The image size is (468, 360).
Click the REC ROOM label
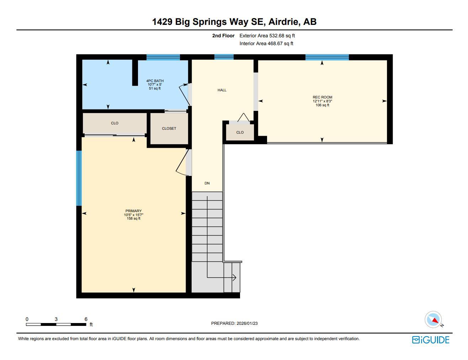[x=322, y=97]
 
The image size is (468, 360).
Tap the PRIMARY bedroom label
[x=133, y=211]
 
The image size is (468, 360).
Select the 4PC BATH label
[x=155, y=81]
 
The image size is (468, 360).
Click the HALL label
[x=222, y=90]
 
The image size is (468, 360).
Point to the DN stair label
[x=207, y=183]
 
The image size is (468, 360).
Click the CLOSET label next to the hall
[x=169, y=129]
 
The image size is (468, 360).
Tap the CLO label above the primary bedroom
[x=115, y=123]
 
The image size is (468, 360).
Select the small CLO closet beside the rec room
[x=240, y=133]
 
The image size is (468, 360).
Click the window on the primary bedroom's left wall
[x=79, y=178]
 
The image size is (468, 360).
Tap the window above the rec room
[x=327, y=57]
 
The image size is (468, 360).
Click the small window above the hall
[x=224, y=57]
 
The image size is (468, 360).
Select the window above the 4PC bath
[x=163, y=57]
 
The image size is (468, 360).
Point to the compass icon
[x=434, y=319]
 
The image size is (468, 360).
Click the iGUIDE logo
[x=431, y=340]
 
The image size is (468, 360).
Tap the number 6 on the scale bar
[x=86, y=319]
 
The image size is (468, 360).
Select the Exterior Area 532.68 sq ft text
[x=267, y=36]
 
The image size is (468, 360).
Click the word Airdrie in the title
[x=283, y=22]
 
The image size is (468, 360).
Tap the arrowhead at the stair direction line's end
[x=234, y=278]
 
